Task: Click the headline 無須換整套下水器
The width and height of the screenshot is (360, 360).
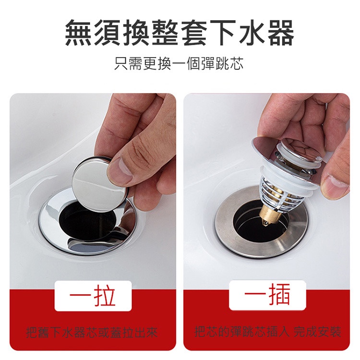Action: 180,33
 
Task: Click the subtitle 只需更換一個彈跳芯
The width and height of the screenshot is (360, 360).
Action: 179,63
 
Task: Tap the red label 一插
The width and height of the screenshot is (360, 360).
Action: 267,295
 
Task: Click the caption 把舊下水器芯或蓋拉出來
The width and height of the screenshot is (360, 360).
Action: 92,333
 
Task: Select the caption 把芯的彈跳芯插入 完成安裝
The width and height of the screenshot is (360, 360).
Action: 267,332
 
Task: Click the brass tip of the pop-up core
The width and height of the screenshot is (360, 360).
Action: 267,216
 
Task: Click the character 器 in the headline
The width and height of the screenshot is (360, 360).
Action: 280,33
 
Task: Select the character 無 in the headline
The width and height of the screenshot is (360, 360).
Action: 79,33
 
